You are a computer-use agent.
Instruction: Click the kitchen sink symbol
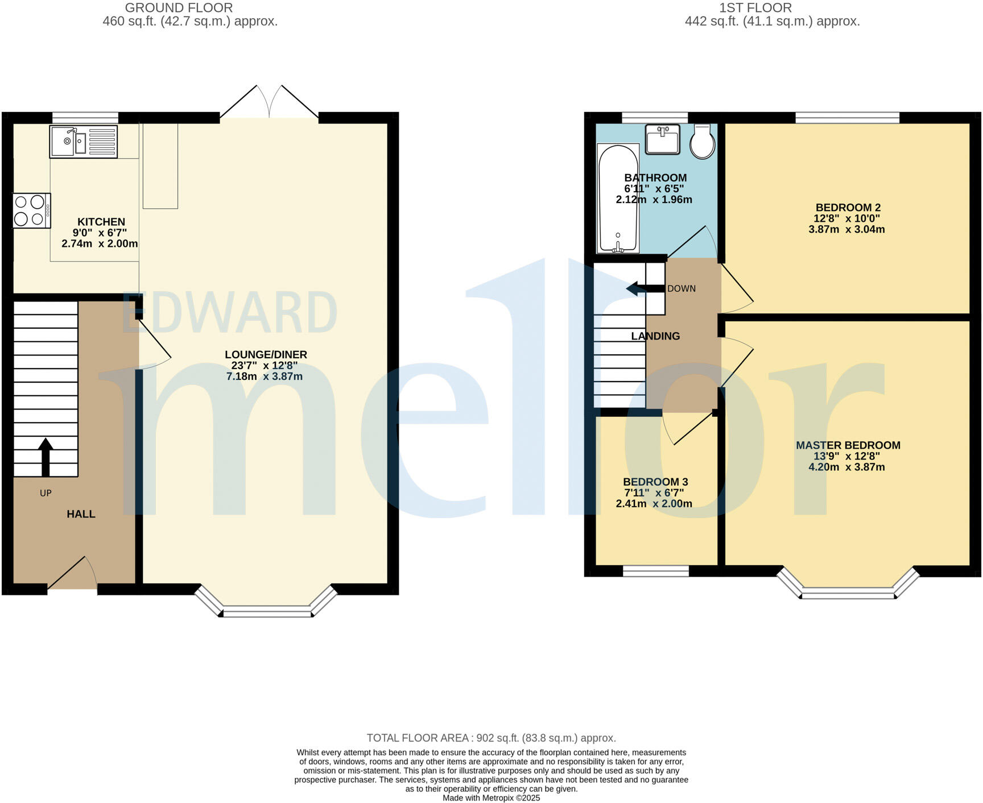pos(83,142)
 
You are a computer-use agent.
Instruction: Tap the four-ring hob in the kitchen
pos(31,211)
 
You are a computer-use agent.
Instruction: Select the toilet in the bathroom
pos(703,142)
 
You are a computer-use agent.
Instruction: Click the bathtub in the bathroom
pos(618,198)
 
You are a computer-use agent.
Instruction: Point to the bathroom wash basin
pos(662,139)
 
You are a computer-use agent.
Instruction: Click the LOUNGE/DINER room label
pos(266,355)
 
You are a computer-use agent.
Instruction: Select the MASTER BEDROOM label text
pos(848,445)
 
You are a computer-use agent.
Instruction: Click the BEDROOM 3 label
pos(655,482)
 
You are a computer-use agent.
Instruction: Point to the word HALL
pos(81,514)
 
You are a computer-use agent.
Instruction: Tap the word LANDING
pos(655,336)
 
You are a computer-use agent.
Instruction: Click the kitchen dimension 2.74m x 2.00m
pos(100,243)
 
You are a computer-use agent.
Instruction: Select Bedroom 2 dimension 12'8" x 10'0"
pos(846,218)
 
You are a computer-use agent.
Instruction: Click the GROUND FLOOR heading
pos(179,8)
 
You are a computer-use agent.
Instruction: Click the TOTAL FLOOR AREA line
pos(491,738)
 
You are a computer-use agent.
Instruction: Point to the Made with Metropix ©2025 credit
pos(491,798)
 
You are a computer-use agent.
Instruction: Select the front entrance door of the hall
pos(72,574)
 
